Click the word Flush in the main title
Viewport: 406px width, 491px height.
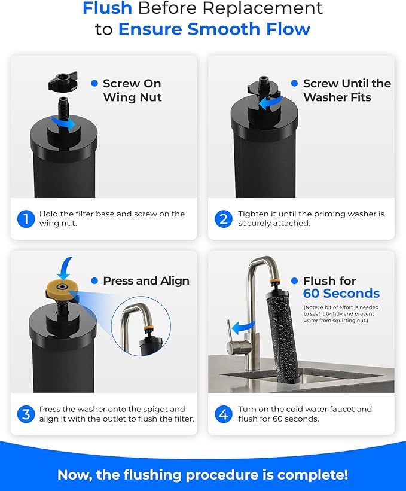point(107,9)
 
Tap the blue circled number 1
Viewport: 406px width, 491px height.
point(25,219)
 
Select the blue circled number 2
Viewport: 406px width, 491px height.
point(224,219)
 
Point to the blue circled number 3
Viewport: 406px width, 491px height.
point(25,414)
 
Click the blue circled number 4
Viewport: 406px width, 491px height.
point(224,414)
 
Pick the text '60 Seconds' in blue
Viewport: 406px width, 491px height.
point(341,294)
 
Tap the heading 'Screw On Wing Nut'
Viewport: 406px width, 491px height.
point(132,90)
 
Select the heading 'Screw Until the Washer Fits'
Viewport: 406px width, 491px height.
point(346,90)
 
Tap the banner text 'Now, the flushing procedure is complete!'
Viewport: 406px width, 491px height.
point(203,475)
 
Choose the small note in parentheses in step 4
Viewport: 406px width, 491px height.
point(341,314)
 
